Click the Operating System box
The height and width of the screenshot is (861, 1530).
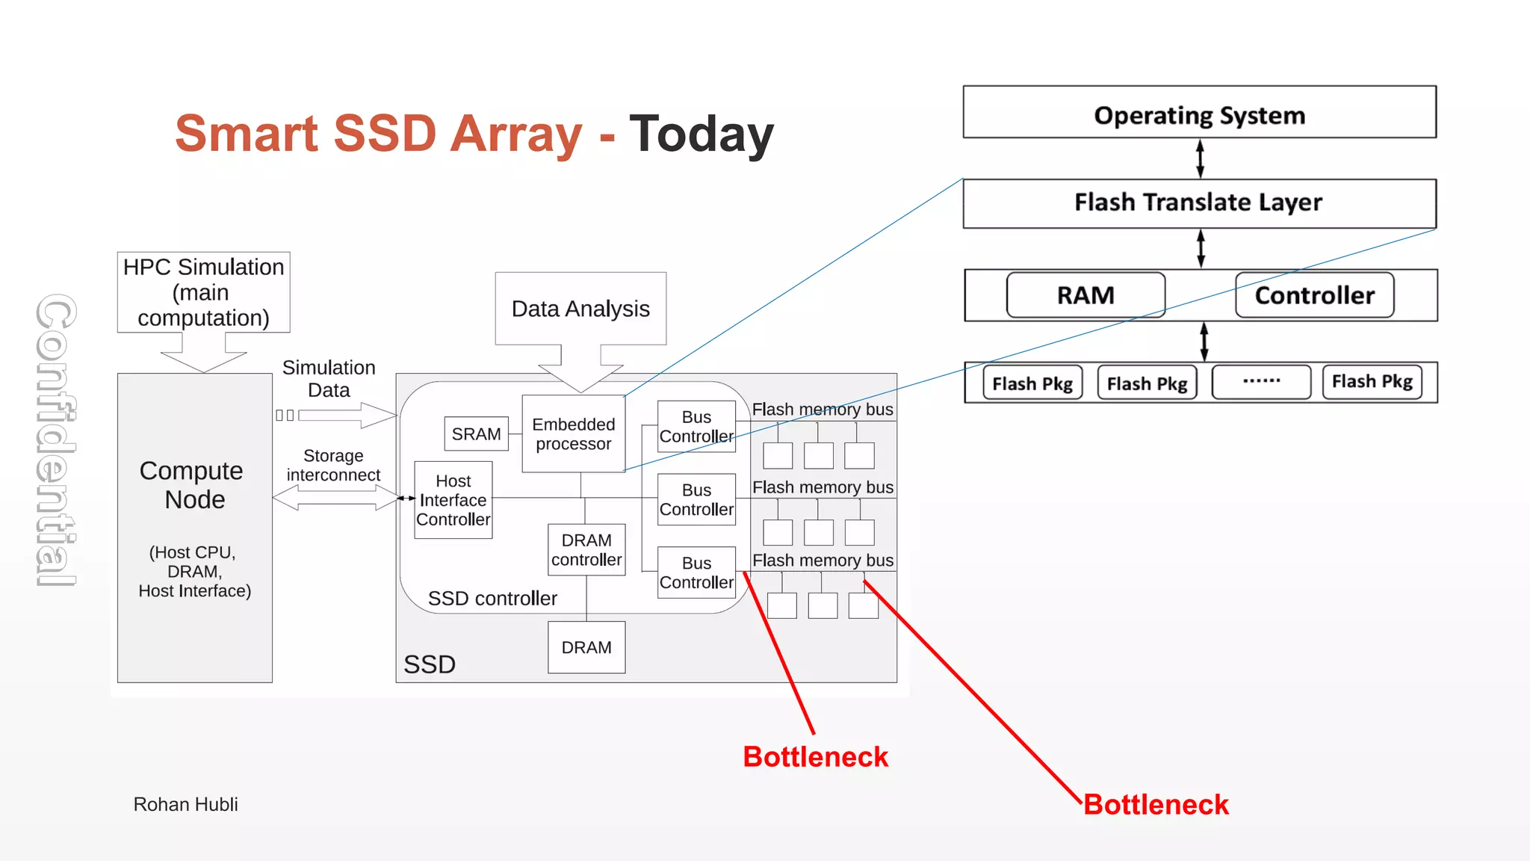pyautogui.click(x=1199, y=112)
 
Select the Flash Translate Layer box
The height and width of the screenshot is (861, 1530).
pyautogui.click(x=1199, y=203)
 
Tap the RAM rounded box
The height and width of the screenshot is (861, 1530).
pyautogui.click(x=1085, y=295)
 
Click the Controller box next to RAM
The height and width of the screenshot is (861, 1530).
pyautogui.click(x=1314, y=295)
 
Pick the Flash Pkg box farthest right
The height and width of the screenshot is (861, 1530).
pyautogui.click(x=1372, y=382)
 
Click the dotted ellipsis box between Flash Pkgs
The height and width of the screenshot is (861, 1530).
pyautogui.click(x=1261, y=382)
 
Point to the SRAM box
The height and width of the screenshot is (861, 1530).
pyautogui.click(x=476, y=434)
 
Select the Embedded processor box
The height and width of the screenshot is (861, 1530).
pyautogui.click(x=573, y=434)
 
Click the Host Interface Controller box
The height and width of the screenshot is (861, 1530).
pyautogui.click(x=453, y=500)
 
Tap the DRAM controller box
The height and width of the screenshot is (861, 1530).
pyautogui.click(x=586, y=550)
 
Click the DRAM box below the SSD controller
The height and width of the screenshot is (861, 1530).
pyautogui.click(x=586, y=647)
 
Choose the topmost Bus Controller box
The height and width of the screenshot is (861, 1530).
pyautogui.click(x=696, y=427)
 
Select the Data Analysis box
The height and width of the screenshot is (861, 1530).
pyautogui.click(x=580, y=309)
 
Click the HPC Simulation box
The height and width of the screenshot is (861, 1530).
pyautogui.click(x=203, y=292)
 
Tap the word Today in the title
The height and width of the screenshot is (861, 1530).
pyautogui.click(x=701, y=135)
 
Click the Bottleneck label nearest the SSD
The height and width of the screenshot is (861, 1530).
pyautogui.click(x=815, y=757)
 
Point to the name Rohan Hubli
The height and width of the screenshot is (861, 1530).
pyautogui.click(x=185, y=804)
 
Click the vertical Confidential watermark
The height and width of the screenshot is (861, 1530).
pyautogui.click(x=56, y=440)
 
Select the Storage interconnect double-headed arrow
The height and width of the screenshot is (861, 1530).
pyautogui.click(x=334, y=498)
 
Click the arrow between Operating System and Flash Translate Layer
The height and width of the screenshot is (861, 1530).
pyautogui.click(x=1200, y=158)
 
